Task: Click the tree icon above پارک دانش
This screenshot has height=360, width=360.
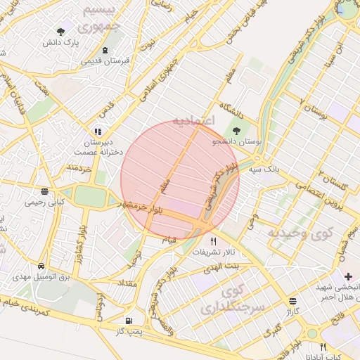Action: (60, 32)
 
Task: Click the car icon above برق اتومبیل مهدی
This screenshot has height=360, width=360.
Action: (44, 267)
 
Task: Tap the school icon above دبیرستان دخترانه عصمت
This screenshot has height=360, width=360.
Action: (97, 131)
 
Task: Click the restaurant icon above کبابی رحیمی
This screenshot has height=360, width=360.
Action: (44, 191)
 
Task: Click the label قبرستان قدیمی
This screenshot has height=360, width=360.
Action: (105, 60)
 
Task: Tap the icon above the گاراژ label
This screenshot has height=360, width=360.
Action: (292, 301)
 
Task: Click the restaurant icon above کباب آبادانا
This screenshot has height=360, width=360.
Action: (323, 347)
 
